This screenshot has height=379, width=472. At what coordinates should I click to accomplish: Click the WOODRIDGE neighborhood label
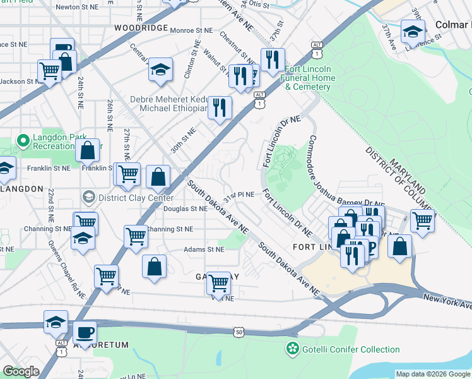[141, 28]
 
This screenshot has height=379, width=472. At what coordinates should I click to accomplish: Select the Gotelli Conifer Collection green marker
[292, 348]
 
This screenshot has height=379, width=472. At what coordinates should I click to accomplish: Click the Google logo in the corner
[21, 371]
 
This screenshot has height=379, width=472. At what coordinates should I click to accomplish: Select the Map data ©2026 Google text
[432, 374]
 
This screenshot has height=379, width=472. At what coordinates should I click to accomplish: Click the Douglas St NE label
[185, 208]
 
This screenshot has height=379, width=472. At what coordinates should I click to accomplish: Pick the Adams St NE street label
[203, 250]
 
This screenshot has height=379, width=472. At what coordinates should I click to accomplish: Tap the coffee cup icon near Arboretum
[85, 332]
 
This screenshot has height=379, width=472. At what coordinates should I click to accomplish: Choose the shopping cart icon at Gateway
[218, 283]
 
